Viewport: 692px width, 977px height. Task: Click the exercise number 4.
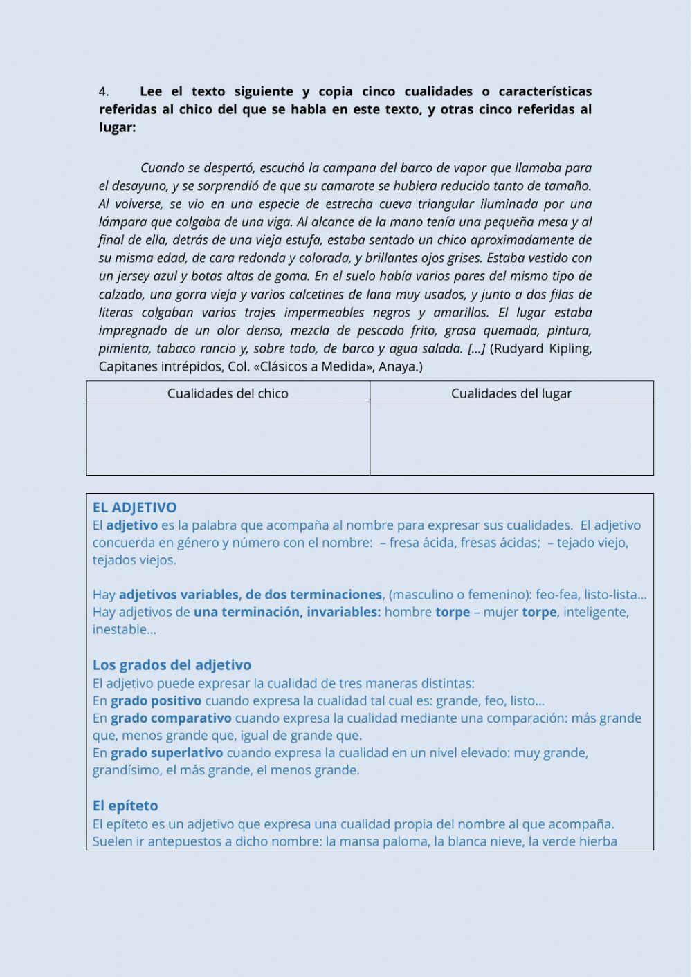click(104, 91)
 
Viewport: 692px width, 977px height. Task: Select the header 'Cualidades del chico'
click(228, 393)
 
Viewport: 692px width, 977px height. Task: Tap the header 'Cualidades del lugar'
click(511, 393)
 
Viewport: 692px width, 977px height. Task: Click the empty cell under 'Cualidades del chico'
click(228, 438)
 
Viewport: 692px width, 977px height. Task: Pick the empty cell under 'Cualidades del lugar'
click(511, 438)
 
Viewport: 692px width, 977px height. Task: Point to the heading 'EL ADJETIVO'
click(134, 508)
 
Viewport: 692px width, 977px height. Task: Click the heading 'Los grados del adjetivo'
click(172, 665)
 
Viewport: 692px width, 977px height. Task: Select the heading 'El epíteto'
click(125, 806)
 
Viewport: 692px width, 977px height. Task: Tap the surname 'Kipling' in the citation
click(570, 348)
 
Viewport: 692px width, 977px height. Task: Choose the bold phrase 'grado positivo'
click(156, 700)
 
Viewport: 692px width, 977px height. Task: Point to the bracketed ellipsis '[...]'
click(476, 348)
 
